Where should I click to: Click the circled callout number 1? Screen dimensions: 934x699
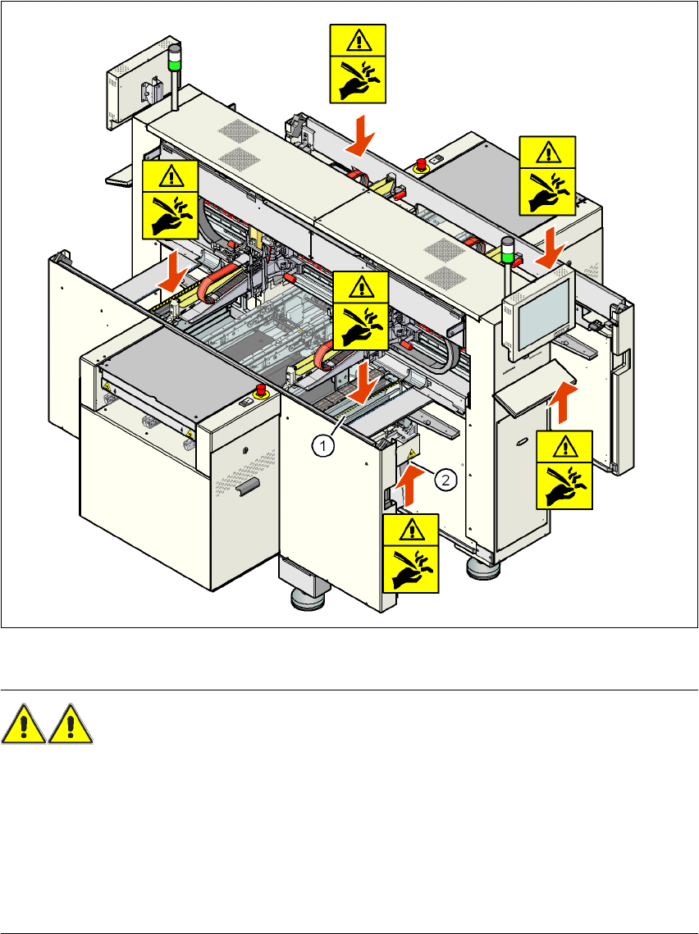coord(325,446)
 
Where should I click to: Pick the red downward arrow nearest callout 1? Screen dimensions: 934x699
coord(359,385)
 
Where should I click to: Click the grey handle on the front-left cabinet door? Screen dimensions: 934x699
coord(244,489)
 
